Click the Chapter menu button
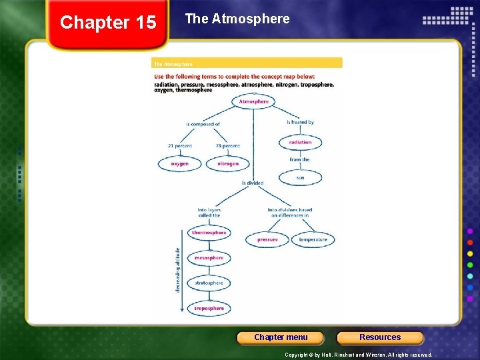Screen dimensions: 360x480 coord(281,337)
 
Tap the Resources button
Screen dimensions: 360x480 coord(380,337)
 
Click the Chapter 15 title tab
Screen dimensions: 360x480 coord(108,23)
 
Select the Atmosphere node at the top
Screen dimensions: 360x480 coord(253,102)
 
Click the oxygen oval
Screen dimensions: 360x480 coord(179,163)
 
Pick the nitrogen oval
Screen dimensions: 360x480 coord(227,163)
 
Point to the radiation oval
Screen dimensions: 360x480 coord(300,142)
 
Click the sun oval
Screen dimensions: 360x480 coord(300,178)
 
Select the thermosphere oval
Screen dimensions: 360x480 coord(209,233)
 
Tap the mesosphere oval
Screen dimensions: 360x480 coord(209,258)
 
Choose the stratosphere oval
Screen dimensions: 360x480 coord(209,283)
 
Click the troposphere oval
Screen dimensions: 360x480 coord(209,309)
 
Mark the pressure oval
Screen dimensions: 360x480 coord(267,239)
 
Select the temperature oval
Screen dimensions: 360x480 coord(313,239)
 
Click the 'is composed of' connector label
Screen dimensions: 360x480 coord(203,124)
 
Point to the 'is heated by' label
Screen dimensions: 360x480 coord(300,122)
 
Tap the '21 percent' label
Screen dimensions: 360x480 coord(179,146)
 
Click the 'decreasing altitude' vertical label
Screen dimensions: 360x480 coord(177,269)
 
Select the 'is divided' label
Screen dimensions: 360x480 coord(253,183)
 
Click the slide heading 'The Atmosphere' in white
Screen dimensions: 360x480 coord(237,19)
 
